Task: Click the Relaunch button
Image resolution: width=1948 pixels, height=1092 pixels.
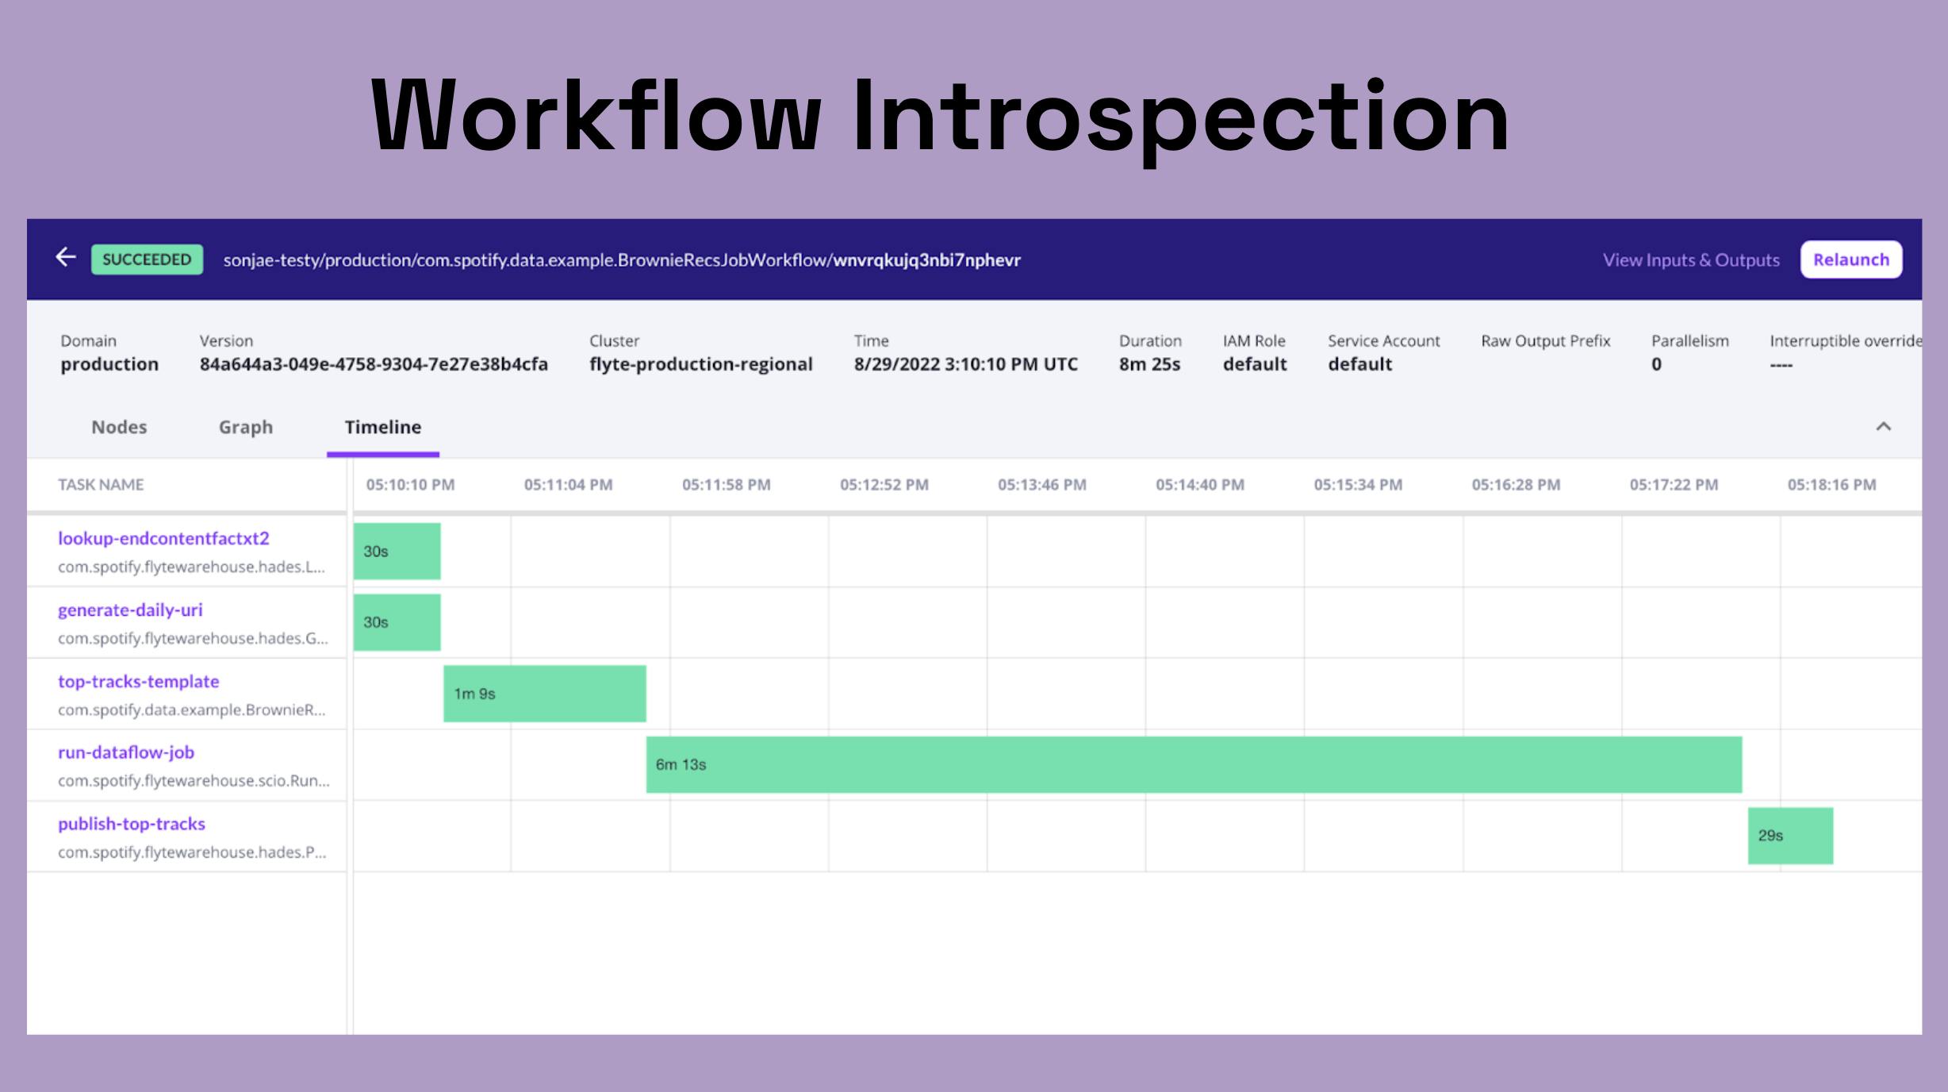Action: (x=1850, y=260)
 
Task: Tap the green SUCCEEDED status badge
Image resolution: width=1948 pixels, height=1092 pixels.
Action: (x=147, y=260)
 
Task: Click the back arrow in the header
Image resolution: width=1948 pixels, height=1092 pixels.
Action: (x=66, y=257)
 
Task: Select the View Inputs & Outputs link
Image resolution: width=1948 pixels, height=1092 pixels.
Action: (x=1691, y=260)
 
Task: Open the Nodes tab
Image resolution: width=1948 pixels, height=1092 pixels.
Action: (x=119, y=427)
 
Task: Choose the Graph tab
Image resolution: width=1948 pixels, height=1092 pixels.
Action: (x=246, y=427)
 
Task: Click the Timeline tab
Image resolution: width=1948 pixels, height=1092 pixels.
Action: (x=383, y=427)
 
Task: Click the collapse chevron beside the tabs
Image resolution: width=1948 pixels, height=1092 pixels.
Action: (x=1883, y=427)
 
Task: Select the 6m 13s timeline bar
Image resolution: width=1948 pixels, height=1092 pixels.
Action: (x=1194, y=764)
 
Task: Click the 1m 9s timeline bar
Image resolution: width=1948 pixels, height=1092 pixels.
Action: (x=545, y=694)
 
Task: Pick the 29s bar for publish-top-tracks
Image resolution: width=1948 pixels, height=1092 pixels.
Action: (x=1790, y=836)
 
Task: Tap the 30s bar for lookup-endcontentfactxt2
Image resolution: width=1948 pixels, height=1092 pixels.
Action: (x=397, y=551)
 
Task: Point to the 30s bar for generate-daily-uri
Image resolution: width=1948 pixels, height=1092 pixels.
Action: (x=397, y=622)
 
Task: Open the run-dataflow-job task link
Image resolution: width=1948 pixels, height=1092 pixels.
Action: (x=126, y=752)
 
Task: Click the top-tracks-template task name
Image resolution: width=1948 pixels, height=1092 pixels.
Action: (x=139, y=681)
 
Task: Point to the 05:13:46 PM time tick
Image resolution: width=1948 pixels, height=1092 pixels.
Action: (x=1042, y=485)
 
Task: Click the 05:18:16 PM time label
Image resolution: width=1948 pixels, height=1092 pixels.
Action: (x=1831, y=485)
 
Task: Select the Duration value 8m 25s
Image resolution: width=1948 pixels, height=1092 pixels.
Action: (x=1149, y=364)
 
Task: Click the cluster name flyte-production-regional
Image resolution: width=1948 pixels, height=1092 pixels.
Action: (x=701, y=364)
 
